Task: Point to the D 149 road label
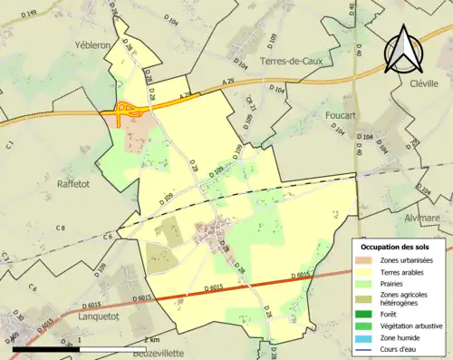click(x=31, y=13)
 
